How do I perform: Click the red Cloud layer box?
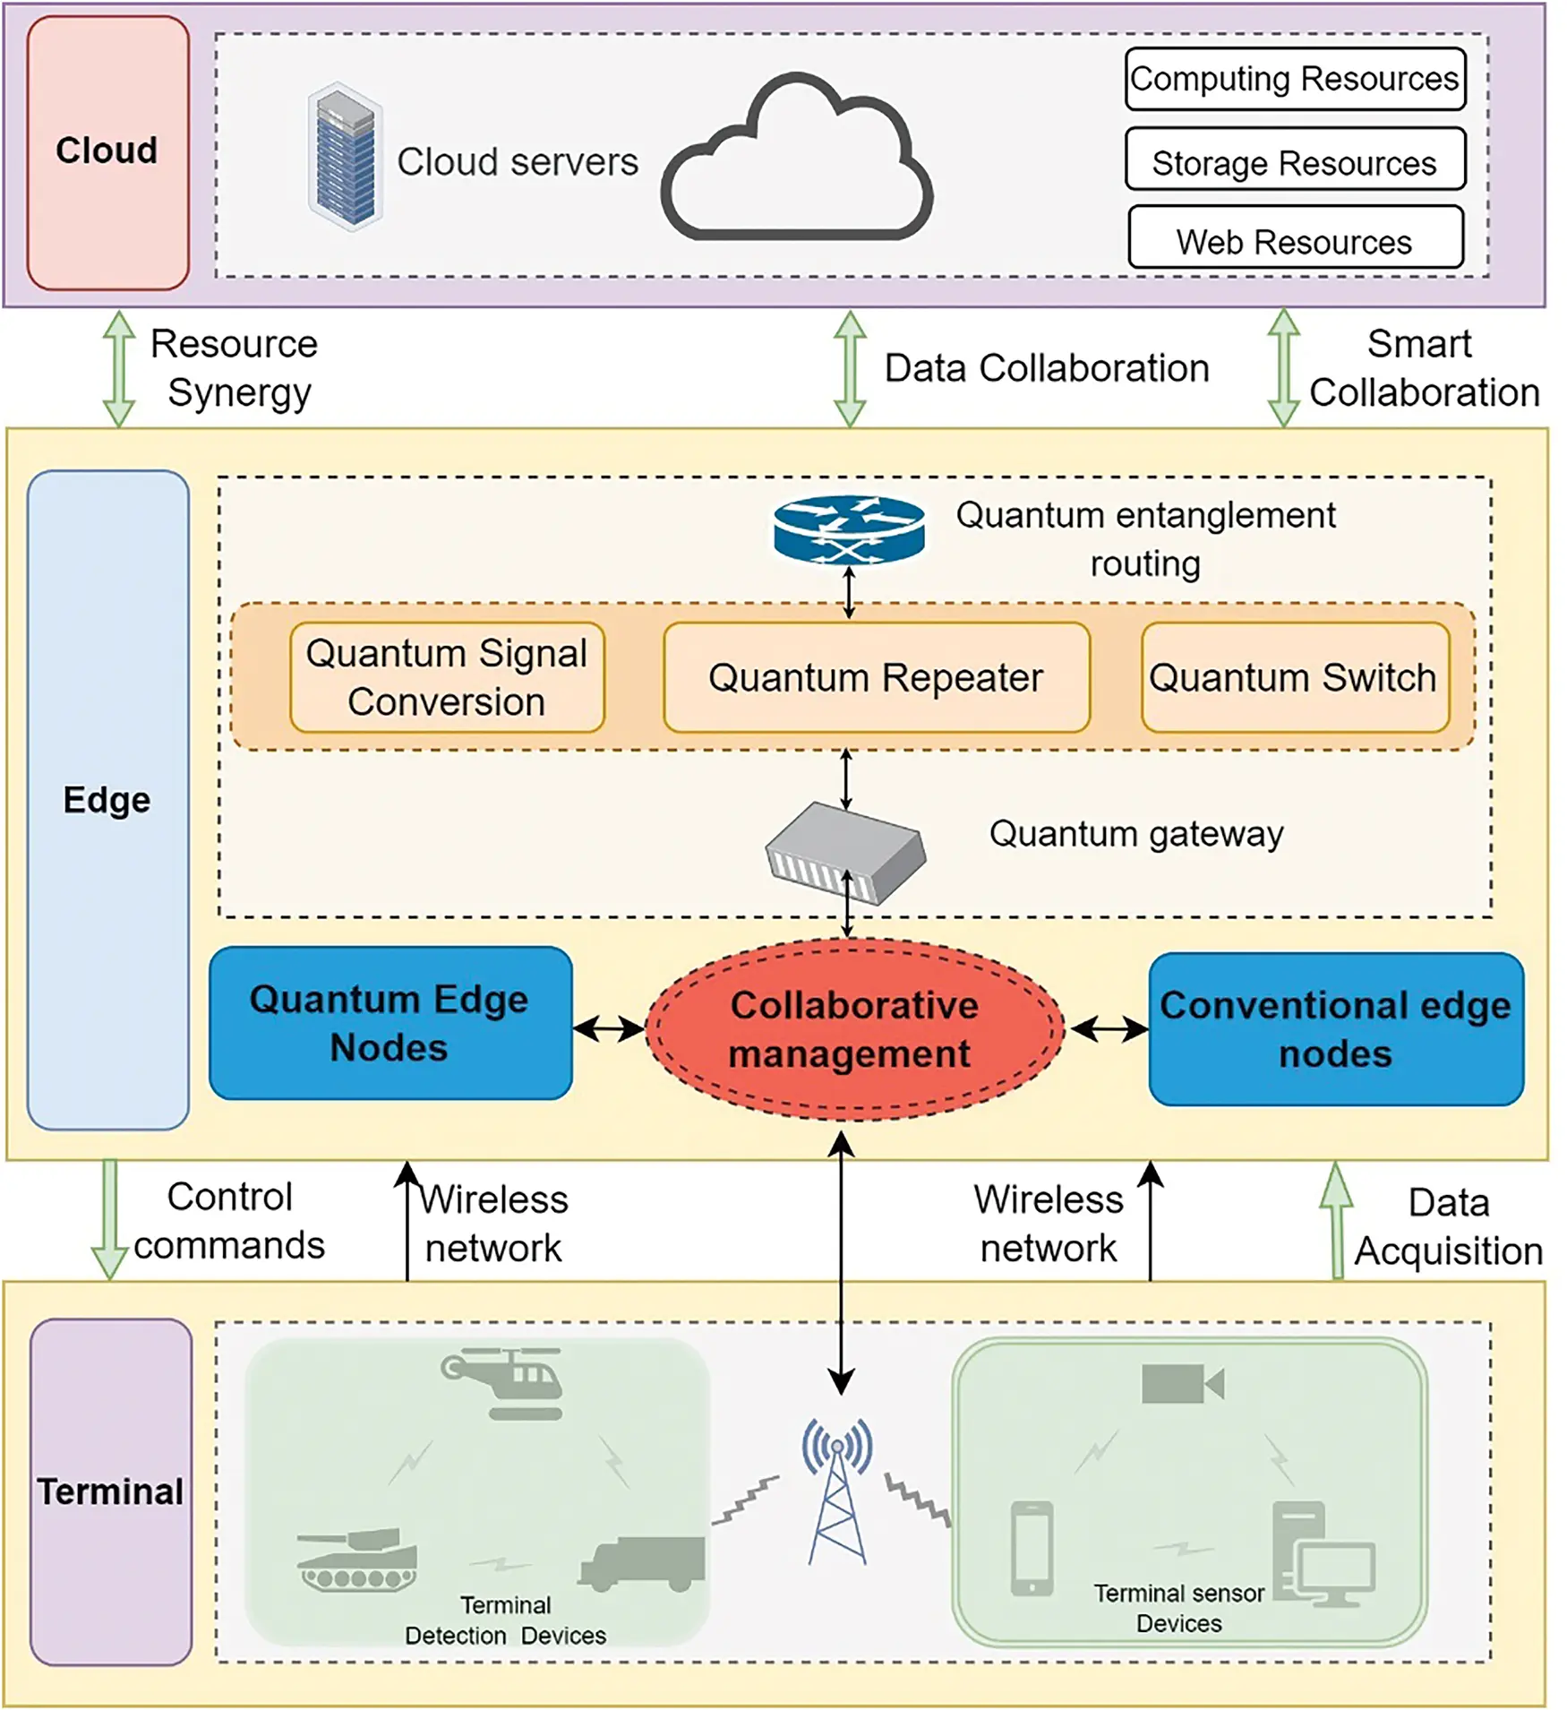107,152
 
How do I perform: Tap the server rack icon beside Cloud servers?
345,158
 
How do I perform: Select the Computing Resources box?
1294,79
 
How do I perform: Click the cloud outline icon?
797,166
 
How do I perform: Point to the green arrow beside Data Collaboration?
849,368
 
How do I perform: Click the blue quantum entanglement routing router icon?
848,529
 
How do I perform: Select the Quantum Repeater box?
876,678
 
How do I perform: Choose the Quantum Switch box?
1294,678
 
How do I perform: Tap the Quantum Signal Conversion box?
447,678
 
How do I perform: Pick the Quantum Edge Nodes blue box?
390,1023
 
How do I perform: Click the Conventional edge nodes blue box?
1335,1029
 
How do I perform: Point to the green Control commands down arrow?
109,1219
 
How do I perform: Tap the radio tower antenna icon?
837,1491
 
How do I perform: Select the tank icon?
358,1560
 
